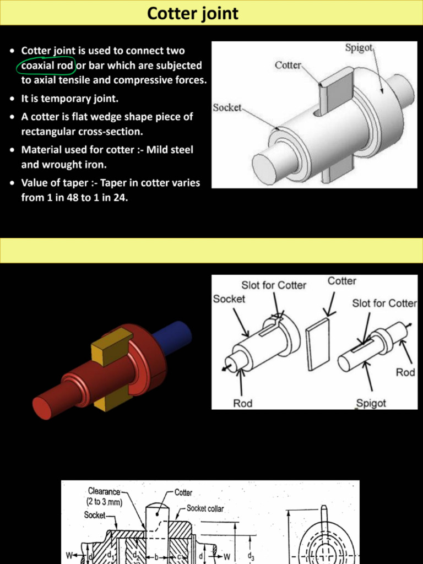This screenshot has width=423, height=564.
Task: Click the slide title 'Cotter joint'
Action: click(x=193, y=13)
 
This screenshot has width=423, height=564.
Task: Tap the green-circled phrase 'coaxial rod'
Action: click(x=47, y=66)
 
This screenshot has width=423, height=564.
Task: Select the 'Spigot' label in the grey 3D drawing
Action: click(x=359, y=48)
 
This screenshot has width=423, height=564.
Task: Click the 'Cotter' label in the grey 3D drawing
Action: click(x=288, y=65)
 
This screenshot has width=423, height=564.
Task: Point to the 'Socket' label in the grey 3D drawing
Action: click(x=227, y=107)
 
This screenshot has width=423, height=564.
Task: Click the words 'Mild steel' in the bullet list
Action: click(x=170, y=150)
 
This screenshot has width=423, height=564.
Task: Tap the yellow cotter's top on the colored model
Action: click(x=112, y=340)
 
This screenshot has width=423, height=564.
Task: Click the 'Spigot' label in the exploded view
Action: click(x=371, y=403)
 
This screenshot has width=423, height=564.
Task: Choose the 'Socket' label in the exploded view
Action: click(x=229, y=299)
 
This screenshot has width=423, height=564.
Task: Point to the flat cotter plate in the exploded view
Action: click(x=318, y=344)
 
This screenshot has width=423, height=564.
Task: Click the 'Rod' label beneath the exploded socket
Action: click(x=242, y=403)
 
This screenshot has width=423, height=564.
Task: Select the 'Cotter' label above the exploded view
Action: click(x=341, y=281)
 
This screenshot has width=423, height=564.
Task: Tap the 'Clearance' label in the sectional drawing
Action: click(x=104, y=491)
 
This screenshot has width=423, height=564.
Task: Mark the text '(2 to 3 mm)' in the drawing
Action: click(x=104, y=502)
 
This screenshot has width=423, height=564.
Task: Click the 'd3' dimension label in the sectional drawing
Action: click(x=251, y=557)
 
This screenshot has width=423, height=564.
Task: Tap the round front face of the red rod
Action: click(x=42, y=408)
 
